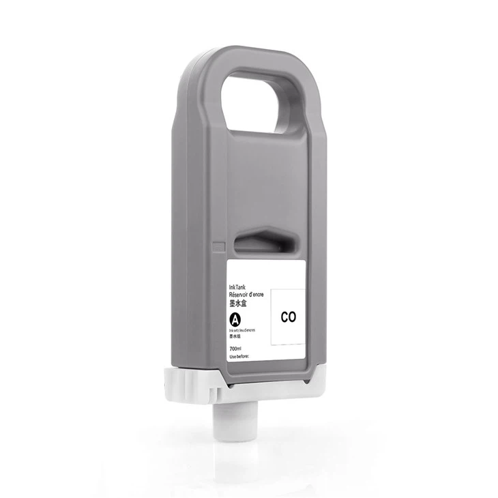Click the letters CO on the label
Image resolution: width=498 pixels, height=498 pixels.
tap(287, 317)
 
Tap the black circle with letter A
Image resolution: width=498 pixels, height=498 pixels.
tap(236, 319)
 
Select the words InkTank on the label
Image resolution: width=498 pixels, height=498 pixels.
tap(240, 289)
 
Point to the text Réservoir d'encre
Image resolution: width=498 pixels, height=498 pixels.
tap(249, 295)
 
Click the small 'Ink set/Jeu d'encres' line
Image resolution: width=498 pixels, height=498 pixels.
tap(244, 330)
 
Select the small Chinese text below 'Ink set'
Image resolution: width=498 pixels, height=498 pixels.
tap(235, 336)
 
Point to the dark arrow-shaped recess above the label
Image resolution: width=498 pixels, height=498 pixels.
tap(268, 243)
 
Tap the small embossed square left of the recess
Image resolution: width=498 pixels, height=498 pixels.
tap(219, 245)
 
